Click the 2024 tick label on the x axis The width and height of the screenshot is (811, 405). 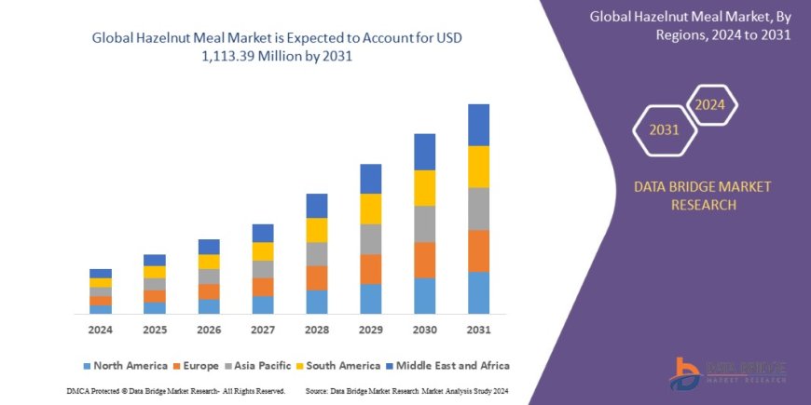tap(101, 330)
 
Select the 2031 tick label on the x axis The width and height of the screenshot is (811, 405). tap(478, 330)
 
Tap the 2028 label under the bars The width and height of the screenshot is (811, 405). tap(316, 330)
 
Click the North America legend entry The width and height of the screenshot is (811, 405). tap(125, 366)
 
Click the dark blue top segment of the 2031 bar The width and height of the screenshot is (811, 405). tap(478, 125)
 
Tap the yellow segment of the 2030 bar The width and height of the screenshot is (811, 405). tap(424, 187)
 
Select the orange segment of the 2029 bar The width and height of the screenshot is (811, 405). tap(370, 269)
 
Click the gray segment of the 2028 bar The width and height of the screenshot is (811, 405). tap(316, 253)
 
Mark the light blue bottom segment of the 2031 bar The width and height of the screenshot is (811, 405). tap(478, 292)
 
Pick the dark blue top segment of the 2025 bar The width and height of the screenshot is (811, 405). tap(155, 260)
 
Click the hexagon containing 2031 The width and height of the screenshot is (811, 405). tap(663, 129)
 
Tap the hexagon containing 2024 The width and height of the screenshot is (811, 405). tap(709, 104)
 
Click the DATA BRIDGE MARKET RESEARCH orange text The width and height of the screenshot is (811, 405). tap(703, 196)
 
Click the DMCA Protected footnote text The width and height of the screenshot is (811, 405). tap(175, 390)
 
